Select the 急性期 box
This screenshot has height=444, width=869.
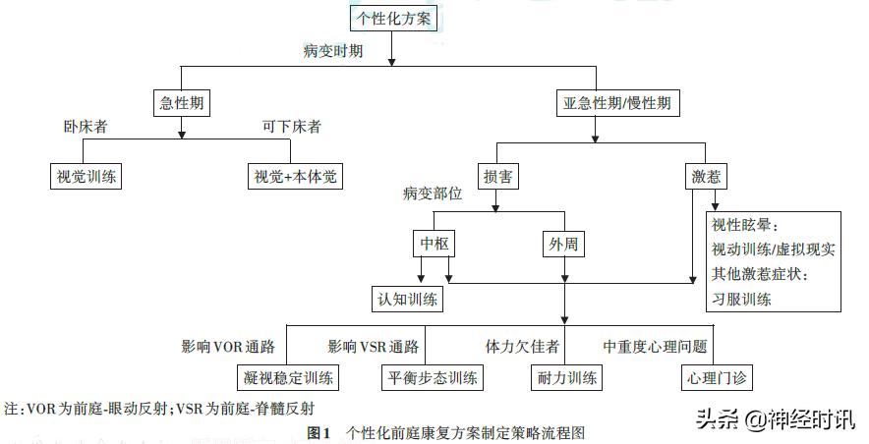[183, 102]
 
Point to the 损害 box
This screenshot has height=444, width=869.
[497, 177]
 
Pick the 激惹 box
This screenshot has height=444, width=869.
[706, 177]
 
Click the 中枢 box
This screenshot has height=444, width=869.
[434, 243]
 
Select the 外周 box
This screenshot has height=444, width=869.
[564, 243]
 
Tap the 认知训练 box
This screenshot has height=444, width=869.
[405, 299]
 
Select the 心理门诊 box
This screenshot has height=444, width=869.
[710, 376]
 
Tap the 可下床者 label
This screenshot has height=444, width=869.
[292, 127]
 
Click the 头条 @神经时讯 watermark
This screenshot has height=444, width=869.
[775, 418]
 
